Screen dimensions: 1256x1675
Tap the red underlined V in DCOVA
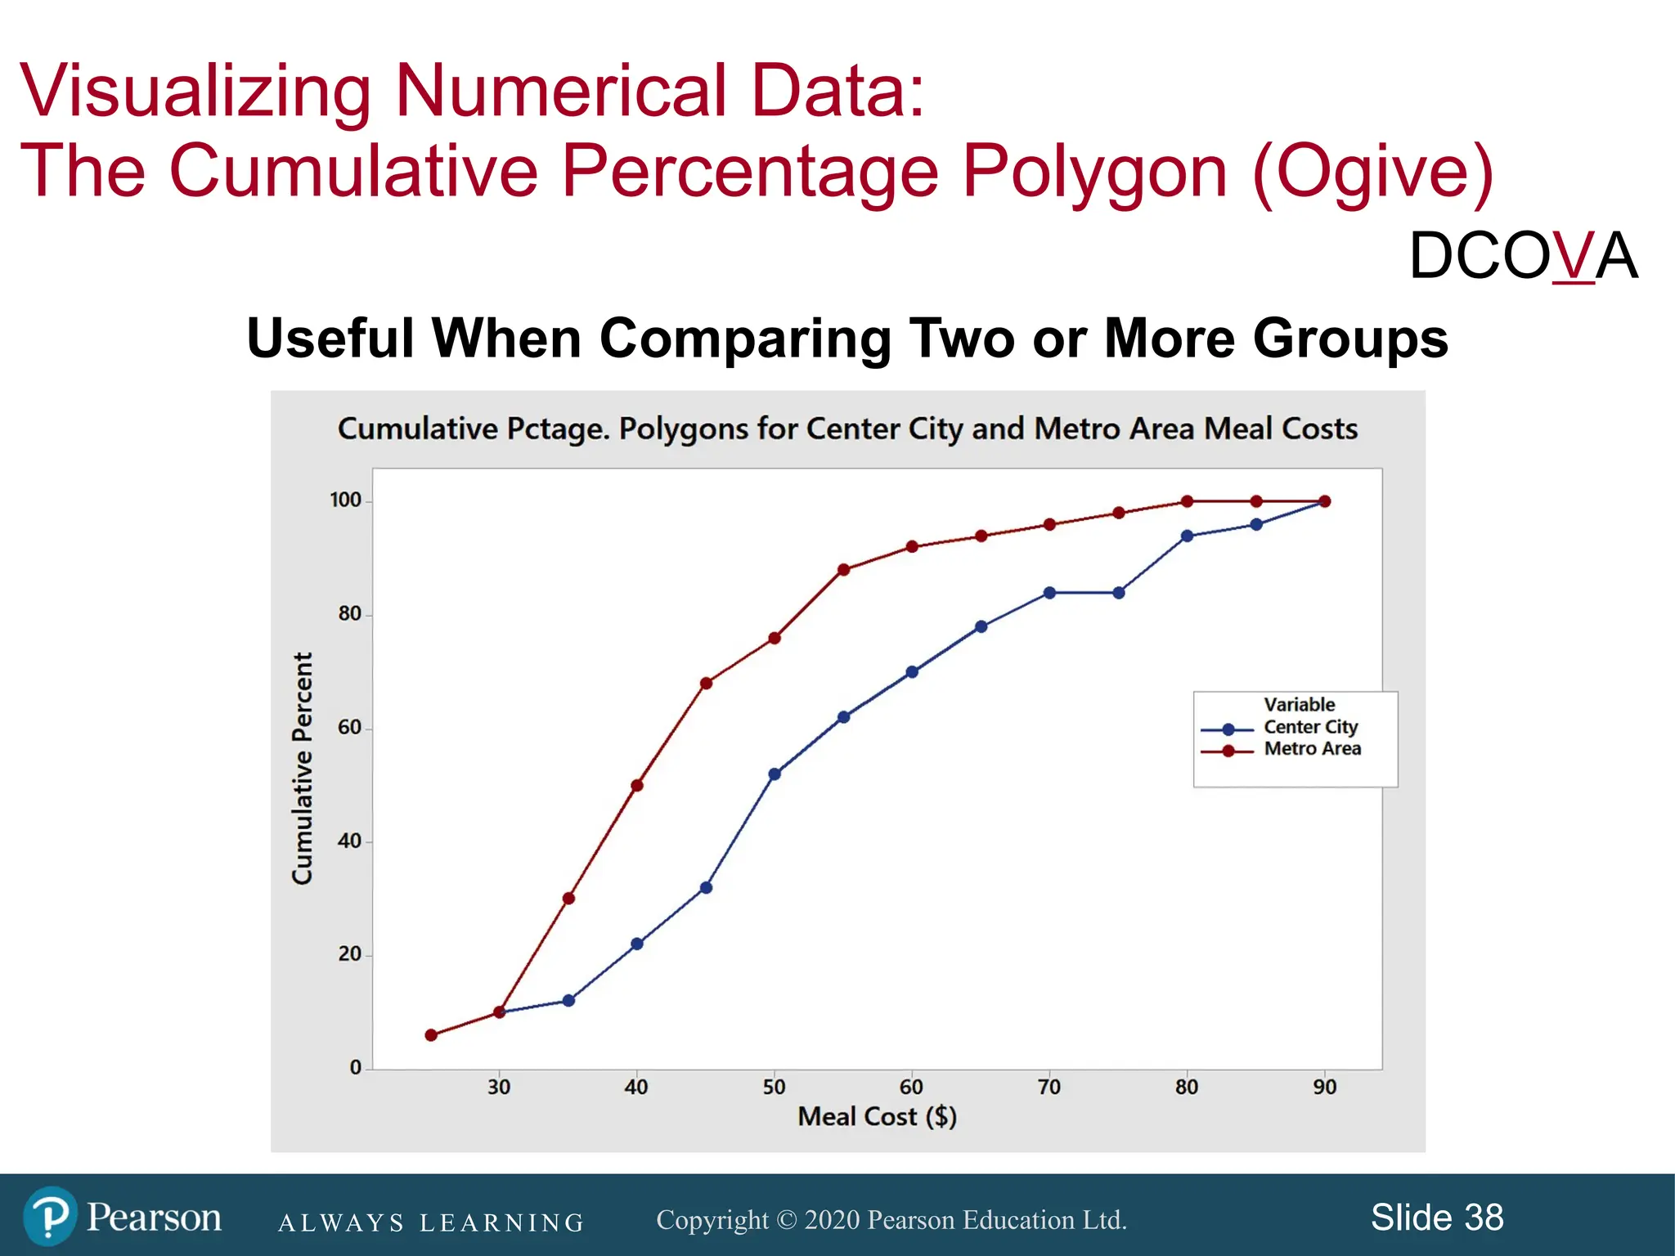coord(1573,256)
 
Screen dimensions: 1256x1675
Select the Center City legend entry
coord(1309,727)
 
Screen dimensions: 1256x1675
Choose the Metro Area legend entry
coord(1312,749)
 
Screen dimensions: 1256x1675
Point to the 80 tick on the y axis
coord(349,614)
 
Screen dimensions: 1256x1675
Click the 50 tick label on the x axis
coord(774,1087)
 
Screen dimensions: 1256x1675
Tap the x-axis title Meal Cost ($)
coord(877,1116)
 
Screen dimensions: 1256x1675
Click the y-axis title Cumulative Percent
coord(303,768)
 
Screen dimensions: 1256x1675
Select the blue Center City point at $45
coord(706,887)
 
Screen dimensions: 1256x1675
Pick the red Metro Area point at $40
coord(637,786)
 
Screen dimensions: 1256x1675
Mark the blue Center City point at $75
coord(1119,593)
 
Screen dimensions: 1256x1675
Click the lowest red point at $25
coord(431,1035)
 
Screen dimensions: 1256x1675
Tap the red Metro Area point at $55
coord(843,570)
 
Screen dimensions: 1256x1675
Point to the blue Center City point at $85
coord(1256,525)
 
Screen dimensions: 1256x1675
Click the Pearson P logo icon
coord(50,1217)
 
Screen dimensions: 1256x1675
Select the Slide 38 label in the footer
coord(1436,1218)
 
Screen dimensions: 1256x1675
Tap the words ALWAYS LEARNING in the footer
coord(431,1222)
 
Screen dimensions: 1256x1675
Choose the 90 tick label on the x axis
coord(1324,1087)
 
